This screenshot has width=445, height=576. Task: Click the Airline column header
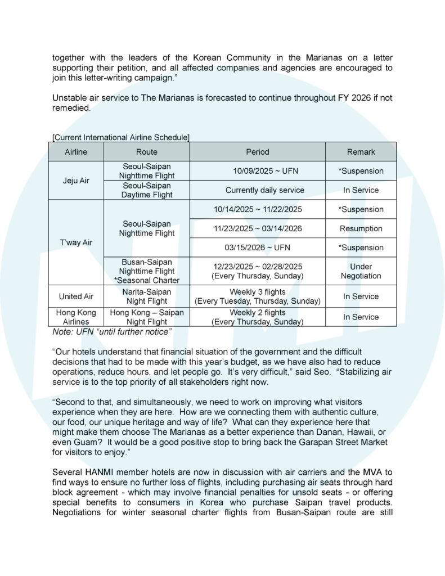click(x=76, y=152)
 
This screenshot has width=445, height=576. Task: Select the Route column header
click(x=147, y=152)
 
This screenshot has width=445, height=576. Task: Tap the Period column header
click(x=258, y=152)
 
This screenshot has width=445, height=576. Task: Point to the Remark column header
click(x=361, y=152)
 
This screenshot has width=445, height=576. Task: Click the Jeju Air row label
click(x=76, y=181)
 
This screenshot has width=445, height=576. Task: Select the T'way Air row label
click(x=76, y=242)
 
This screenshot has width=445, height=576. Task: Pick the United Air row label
click(x=76, y=296)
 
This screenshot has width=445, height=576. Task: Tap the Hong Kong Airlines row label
click(x=76, y=317)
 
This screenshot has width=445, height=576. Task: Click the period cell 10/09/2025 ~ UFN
click(x=258, y=171)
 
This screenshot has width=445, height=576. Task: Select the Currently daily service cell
click(x=258, y=190)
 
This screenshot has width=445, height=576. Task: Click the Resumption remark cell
click(x=361, y=228)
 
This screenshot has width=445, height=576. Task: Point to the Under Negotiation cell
click(x=361, y=271)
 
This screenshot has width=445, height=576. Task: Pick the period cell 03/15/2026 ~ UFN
click(x=258, y=247)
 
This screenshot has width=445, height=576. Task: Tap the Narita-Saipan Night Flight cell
click(x=147, y=296)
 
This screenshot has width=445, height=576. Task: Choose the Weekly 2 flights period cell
click(x=258, y=317)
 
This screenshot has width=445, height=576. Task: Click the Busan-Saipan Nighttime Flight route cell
click(x=147, y=271)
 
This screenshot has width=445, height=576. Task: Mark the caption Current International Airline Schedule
click(x=121, y=137)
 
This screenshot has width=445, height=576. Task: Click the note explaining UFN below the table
click(x=111, y=332)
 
